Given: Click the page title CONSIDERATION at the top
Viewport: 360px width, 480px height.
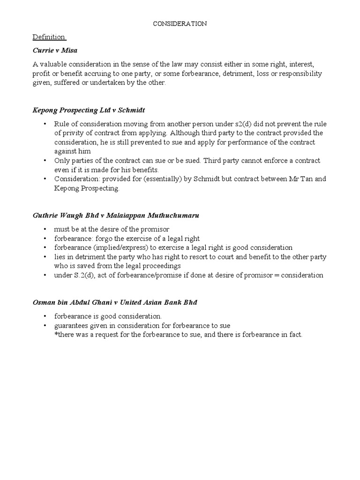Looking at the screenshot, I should (180, 23).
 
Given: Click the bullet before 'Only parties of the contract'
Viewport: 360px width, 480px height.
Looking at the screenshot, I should (45, 161).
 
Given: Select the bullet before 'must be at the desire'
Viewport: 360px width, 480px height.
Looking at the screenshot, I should (45, 229).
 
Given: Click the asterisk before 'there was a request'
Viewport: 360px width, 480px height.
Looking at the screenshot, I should (56, 334).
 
